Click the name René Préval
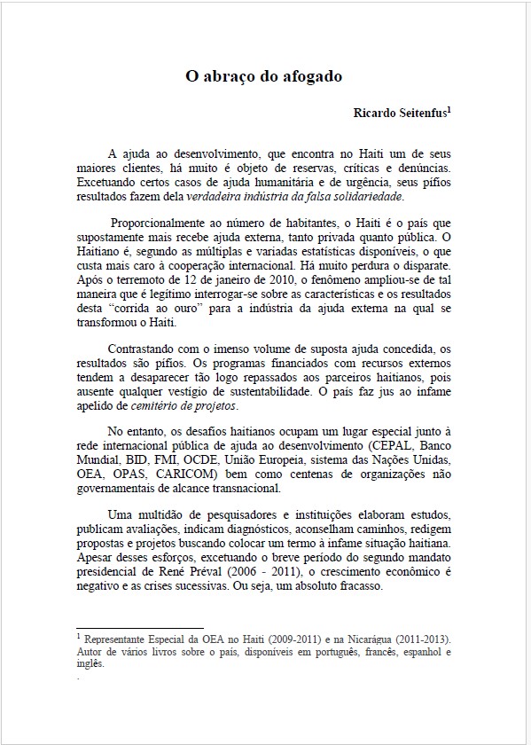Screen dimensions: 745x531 (x=204, y=572)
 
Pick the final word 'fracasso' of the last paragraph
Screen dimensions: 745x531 (x=355, y=586)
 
